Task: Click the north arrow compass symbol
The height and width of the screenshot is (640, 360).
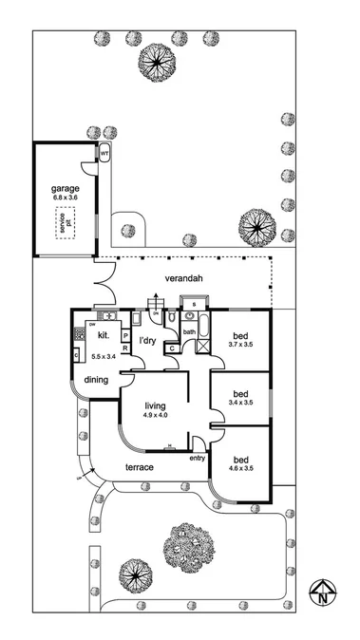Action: click(323, 593)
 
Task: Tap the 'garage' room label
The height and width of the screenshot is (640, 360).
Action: click(66, 188)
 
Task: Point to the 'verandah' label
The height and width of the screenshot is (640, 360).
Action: click(184, 279)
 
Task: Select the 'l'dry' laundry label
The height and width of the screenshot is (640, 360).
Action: click(147, 340)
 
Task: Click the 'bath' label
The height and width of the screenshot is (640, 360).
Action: click(189, 332)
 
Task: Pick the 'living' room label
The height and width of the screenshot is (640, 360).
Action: click(156, 405)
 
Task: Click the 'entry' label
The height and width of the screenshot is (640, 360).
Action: click(198, 459)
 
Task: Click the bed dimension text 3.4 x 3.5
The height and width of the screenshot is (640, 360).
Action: click(241, 403)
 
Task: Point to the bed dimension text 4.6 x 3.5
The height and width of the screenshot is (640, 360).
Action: click(241, 468)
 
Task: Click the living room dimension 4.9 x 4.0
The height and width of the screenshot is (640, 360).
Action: click(156, 415)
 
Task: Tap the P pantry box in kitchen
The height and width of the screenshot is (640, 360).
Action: click(124, 335)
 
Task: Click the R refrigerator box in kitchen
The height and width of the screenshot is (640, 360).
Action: click(124, 348)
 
